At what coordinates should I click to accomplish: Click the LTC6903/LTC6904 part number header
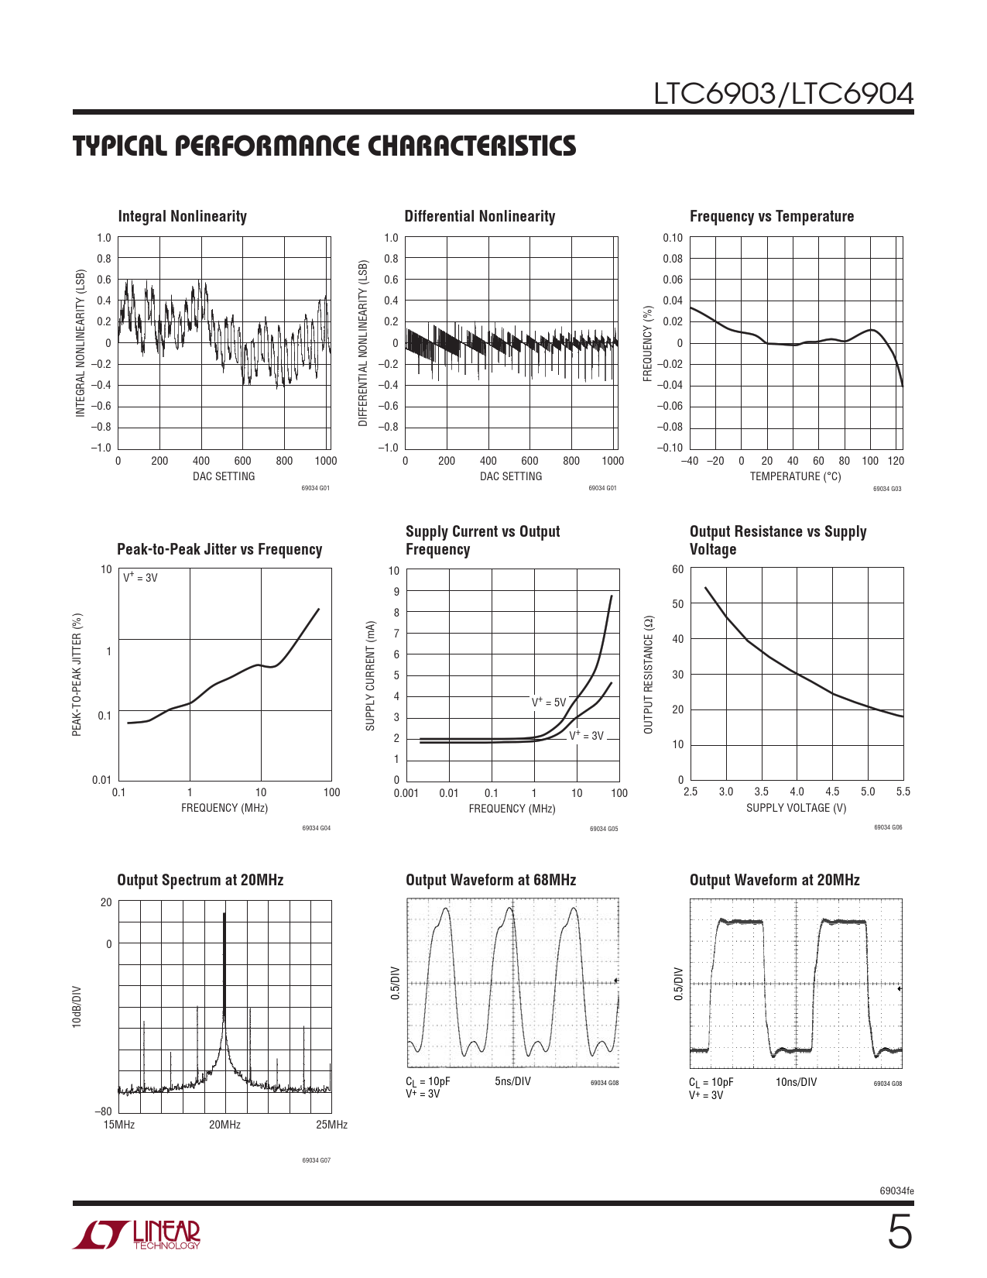783,94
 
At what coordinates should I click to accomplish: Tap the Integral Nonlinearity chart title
182,217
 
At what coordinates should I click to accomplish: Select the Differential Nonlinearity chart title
479,217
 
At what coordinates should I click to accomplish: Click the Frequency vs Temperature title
771,217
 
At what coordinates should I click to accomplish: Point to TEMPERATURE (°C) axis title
795,476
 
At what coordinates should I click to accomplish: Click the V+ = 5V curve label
549,703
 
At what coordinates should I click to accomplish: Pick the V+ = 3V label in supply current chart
586,736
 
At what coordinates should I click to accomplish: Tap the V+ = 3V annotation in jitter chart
140,578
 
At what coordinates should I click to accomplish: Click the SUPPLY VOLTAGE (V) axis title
796,808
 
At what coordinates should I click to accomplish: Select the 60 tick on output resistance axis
677,570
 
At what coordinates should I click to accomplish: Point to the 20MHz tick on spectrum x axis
224,1125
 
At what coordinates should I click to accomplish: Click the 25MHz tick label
331,1125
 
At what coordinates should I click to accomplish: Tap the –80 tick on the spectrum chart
103,1111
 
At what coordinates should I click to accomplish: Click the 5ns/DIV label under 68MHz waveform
512,1081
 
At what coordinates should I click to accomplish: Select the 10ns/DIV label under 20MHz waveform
796,1082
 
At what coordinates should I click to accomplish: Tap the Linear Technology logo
136,1235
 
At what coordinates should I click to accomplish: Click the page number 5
899,1233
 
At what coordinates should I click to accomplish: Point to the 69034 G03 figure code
887,489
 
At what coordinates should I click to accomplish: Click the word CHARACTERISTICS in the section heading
471,146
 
